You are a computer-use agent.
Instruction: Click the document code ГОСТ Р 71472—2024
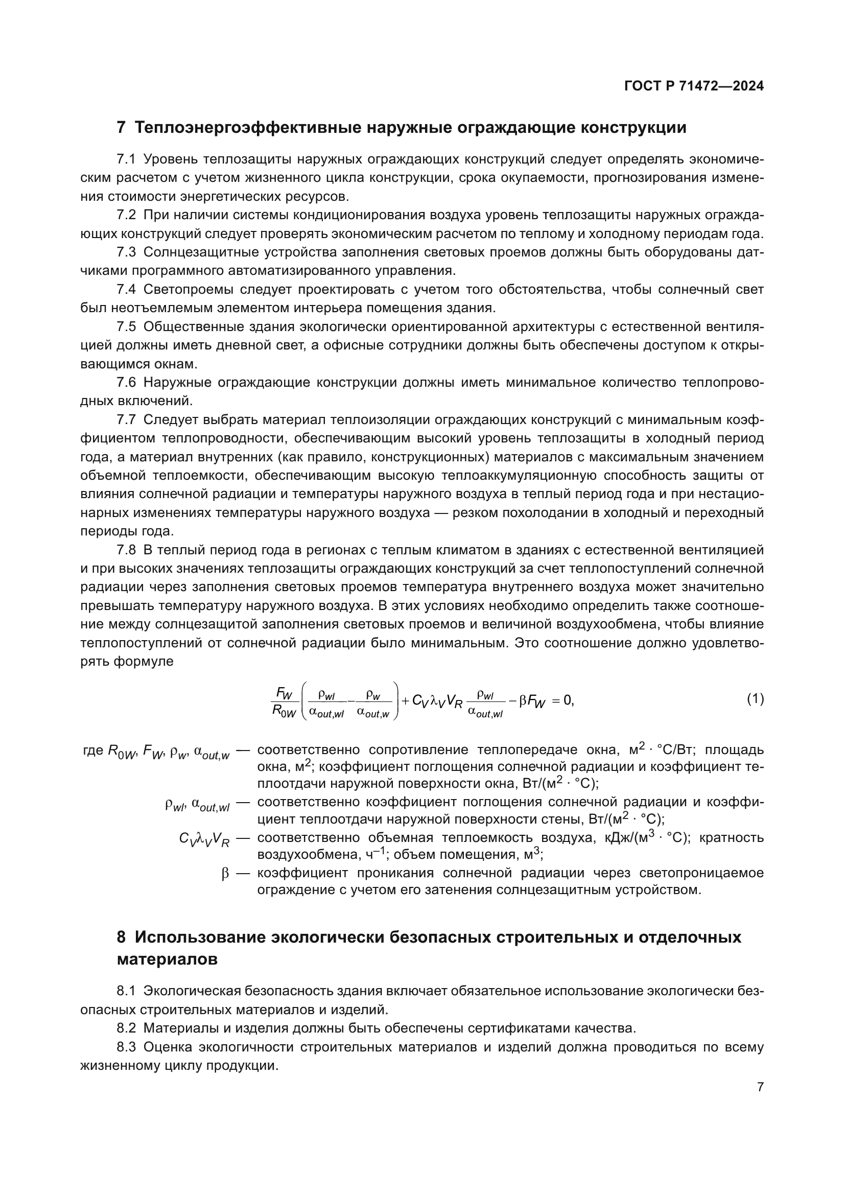(694, 86)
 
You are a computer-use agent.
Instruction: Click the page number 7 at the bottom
(760, 1087)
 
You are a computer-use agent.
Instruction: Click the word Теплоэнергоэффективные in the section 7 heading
(247, 128)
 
